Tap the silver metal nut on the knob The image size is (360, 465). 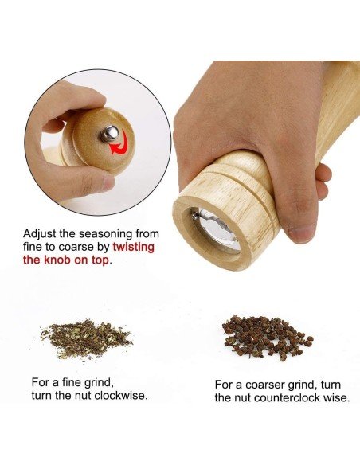109,134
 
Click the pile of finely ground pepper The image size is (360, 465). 86,338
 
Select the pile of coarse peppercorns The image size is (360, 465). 267,338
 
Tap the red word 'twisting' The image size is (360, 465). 134,247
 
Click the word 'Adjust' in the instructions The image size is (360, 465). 40,234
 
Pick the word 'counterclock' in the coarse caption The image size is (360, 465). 287,397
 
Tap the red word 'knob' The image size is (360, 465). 56,260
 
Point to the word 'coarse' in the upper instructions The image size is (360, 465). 76,247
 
